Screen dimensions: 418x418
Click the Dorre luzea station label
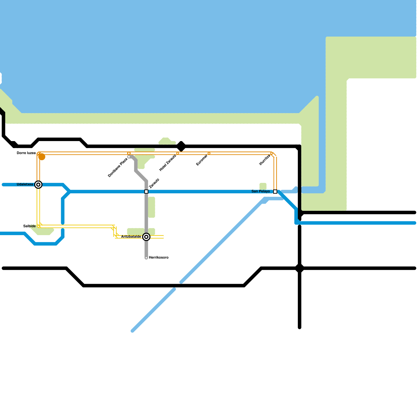point(26,153)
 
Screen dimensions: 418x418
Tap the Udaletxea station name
point(25,184)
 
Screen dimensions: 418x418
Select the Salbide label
point(29,226)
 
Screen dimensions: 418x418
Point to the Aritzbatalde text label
point(131,237)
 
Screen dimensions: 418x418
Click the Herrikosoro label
point(159,258)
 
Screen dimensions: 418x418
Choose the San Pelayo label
point(260,191)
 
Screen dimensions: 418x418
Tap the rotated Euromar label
point(202,160)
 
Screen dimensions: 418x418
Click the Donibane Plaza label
point(118,167)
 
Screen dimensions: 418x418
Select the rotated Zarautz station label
point(154,183)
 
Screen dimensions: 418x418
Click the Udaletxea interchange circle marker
point(38,185)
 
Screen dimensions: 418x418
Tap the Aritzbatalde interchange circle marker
point(146,237)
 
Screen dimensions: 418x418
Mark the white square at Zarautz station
point(146,192)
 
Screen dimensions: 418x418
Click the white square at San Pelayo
point(275,192)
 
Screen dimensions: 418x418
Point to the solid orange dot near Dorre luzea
point(42,157)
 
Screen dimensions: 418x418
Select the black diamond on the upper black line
point(181,146)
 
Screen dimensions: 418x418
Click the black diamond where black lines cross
point(300,268)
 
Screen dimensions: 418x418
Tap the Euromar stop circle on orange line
point(209,153)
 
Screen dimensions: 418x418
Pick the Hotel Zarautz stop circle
point(178,153)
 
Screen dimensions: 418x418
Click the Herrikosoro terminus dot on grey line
point(146,258)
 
